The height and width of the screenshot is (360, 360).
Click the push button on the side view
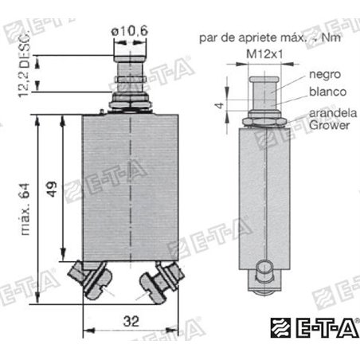click(261, 82)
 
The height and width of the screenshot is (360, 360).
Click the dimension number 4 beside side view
click(217, 104)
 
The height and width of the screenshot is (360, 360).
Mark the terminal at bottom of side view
click(262, 275)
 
